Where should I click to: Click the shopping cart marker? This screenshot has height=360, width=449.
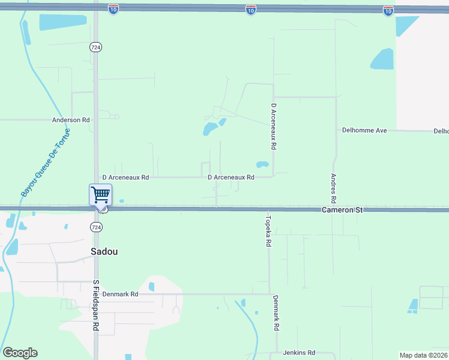[100, 195]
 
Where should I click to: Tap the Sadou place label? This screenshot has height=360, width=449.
[104, 252]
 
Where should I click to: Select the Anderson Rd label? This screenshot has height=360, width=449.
[71, 120]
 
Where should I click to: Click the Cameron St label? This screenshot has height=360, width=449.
[342, 210]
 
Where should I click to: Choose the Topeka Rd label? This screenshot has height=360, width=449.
[269, 232]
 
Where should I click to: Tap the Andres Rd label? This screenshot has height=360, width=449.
[334, 188]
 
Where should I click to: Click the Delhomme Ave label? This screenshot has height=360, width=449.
[364, 130]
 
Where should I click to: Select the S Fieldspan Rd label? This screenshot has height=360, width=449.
[95, 305]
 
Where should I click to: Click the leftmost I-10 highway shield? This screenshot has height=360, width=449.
[113, 8]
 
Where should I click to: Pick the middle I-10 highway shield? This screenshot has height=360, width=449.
[251, 10]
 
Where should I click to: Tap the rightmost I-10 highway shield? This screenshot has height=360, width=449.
[388, 10]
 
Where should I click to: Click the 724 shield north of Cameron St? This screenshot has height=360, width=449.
[95, 47]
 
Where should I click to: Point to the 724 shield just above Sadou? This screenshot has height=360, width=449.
[95, 227]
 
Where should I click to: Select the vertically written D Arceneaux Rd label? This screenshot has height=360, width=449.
[273, 126]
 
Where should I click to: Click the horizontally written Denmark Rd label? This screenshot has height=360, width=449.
[120, 295]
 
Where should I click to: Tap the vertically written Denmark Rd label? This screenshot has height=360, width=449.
[276, 314]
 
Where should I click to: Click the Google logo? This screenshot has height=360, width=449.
[20, 353]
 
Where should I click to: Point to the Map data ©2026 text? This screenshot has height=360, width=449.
[423, 355]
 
